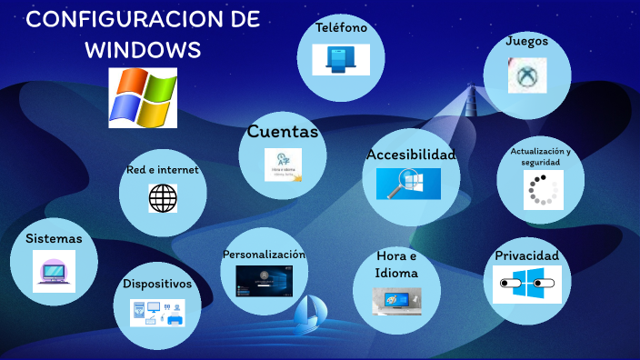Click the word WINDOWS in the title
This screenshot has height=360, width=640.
(x=143, y=49)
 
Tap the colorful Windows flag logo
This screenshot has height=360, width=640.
(x=143, y=97)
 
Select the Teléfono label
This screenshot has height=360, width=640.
(x=341, y=28)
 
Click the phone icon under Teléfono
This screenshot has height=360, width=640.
(x=341, y=60)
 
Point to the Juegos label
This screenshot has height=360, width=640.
(x=527, y=41)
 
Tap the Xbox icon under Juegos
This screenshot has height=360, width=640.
(x=526, y=75)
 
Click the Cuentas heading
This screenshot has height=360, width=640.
(x=283, y=132)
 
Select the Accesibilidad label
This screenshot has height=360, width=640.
(x=411, y=155)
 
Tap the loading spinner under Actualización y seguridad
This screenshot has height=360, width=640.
(x=543, y=190)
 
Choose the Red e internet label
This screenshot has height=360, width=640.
(x=163, y=170)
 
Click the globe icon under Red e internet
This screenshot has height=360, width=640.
(x=163, y=197)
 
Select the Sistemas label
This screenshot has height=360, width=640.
(x=54, y=239)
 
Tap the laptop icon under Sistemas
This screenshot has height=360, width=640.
(x=54, y=271)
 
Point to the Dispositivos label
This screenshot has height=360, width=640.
(x=158, y=284)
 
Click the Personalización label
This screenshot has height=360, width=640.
(x=264, y=255)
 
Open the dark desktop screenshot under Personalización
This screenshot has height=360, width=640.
(x=264, y=281)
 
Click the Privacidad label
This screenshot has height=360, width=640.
(x=526, y=255)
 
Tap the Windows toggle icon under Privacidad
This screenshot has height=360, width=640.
(x=526, y=285)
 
